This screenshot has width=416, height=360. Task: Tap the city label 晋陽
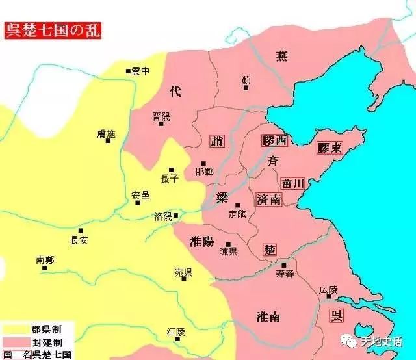(x=162, y=116)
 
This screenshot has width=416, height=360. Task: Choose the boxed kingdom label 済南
(x=269, y=199)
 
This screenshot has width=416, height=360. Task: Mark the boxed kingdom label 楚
(x=270, y=249)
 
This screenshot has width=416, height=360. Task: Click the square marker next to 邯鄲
(x=203, y=163)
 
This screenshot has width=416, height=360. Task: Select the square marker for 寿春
(x=283, y=265)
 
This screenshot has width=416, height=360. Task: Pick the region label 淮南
(x=268, y=316)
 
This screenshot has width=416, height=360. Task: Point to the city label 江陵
(x=176, y=331)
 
